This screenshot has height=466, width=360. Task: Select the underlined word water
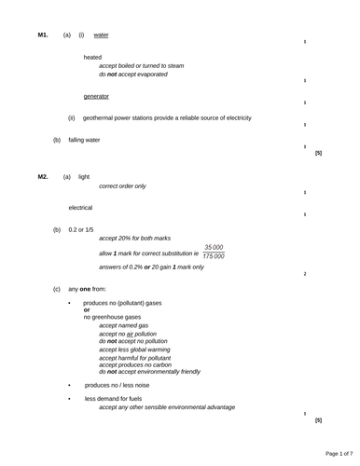(102, 34)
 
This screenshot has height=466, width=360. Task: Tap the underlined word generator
(96, 96)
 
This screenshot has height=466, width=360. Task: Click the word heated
(92, 57)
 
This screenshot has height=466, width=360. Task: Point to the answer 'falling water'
(84, 140)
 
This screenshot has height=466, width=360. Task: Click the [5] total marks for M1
(318, 152)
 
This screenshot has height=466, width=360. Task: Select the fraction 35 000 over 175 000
(214, 252)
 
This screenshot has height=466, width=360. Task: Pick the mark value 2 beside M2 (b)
(305, 274)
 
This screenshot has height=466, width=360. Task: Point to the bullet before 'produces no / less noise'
(69, 384)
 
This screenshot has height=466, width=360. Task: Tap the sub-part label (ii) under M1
(72, 118)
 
